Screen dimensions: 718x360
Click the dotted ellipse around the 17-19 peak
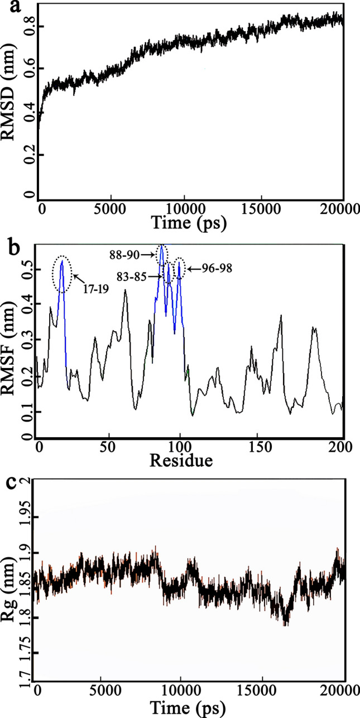pos(62,274)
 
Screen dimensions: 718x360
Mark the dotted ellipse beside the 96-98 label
pos(179,268)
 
